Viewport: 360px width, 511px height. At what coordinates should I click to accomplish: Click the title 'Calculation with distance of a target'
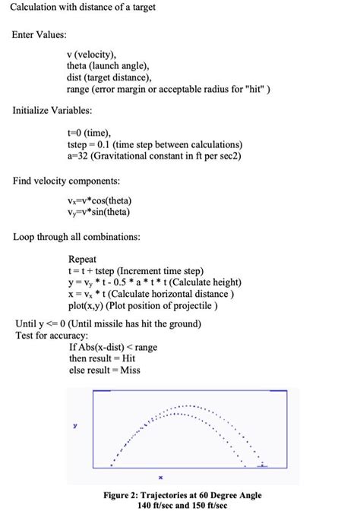pyautogui.click(x=84, y=8)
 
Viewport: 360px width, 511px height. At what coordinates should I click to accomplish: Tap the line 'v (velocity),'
pyautogui.click(x=92, y=55)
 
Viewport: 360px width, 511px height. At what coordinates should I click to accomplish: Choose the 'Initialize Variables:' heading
pyautogui.click(x=54, y=111)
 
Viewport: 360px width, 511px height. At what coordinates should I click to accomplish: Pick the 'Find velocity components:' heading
pyautogui.click(x=67, y=181)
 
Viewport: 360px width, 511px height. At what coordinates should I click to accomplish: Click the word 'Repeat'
pyautogui.click(x=82, y=259)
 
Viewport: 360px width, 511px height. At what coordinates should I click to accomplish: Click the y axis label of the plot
pyautogui.click(x=74, y=427)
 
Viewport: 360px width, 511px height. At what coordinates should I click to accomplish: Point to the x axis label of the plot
pyautogui.click(x=161, y=478)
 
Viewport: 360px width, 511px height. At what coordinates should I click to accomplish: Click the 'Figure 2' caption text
pyautogui.click(x=182, y=500)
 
